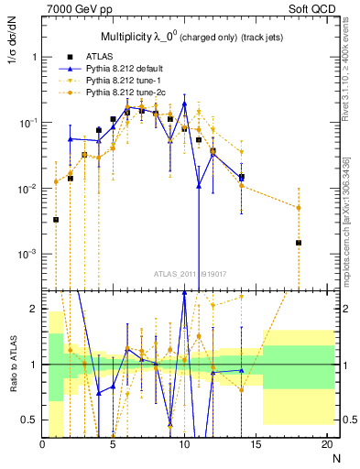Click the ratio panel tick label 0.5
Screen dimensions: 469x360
pyautogui.click(x=29, y=420)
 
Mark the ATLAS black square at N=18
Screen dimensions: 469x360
pyautogui.click(x=299, y=243)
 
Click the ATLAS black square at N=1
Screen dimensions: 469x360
pyautogui.click(x=57, y=220)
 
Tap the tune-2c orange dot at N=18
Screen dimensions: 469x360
pyautogui.click(x=299, y=208)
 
